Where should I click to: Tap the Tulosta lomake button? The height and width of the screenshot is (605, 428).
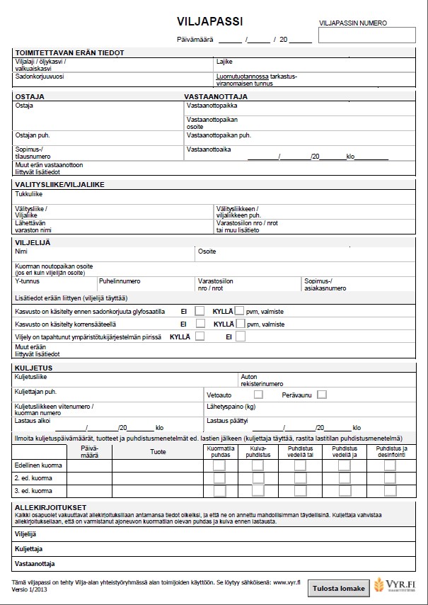(339, 589)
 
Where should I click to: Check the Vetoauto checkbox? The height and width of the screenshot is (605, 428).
(258, 395)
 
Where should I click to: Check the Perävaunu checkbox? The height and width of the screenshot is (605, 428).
(322, 395)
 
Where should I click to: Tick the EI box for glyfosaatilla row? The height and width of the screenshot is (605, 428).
(200, 311)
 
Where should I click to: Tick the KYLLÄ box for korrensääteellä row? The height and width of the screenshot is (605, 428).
(238, 324)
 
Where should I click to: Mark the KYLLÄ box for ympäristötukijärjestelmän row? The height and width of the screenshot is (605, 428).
(200, 337)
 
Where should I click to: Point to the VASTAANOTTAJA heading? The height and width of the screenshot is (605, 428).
(216, 96)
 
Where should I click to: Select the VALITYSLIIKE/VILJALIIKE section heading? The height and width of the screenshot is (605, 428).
(59, 184)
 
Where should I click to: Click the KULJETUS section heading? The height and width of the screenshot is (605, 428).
(33, 368)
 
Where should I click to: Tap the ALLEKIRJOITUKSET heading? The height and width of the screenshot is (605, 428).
(50, 507)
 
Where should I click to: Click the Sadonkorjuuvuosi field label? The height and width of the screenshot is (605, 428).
(39, 76)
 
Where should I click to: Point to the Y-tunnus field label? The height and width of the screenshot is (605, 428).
(26, 281)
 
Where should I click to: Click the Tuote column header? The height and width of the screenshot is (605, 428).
(158, 451)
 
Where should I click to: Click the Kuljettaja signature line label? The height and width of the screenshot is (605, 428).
(29, 549)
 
